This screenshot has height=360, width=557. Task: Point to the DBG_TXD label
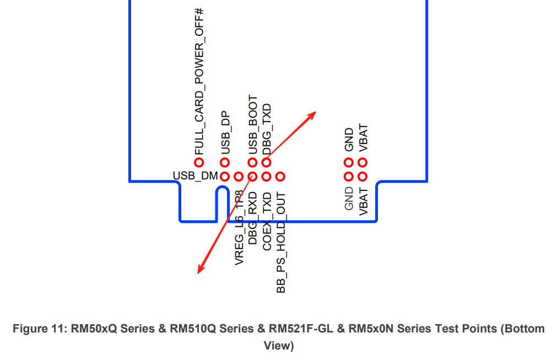coord(267,129)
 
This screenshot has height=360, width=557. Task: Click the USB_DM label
coord(194,176)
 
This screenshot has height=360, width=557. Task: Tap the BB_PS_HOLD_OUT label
coord(280,243)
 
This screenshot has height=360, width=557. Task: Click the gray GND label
coord(349,199)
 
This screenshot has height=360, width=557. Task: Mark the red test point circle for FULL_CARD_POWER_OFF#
coord(199,162)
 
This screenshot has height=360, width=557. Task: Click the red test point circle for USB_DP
coord(225,162)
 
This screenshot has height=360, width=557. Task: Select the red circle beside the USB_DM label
coord(225,177)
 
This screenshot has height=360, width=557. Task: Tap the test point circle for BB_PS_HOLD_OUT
coord(280,177)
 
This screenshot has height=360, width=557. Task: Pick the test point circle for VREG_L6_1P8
coord(239,177)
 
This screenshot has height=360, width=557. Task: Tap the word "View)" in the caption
coord(279,346)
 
